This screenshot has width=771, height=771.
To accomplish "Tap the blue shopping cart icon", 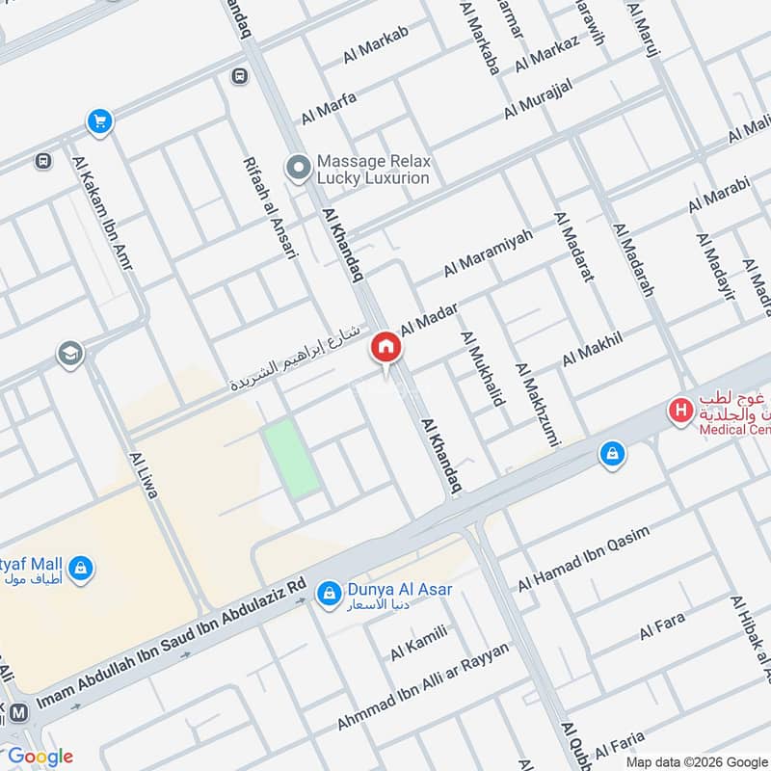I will [98, 121].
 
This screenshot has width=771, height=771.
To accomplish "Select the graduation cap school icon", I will [69, 354].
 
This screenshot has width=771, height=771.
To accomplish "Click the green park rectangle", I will [292, 458].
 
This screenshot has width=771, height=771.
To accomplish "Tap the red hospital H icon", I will [681, 411].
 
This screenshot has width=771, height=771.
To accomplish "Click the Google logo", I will [40, 757].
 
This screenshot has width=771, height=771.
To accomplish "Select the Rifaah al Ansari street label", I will [272, 207].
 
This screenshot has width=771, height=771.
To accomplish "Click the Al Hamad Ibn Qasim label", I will [584, 559].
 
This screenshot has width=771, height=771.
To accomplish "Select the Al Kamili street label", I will [419, 643].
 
